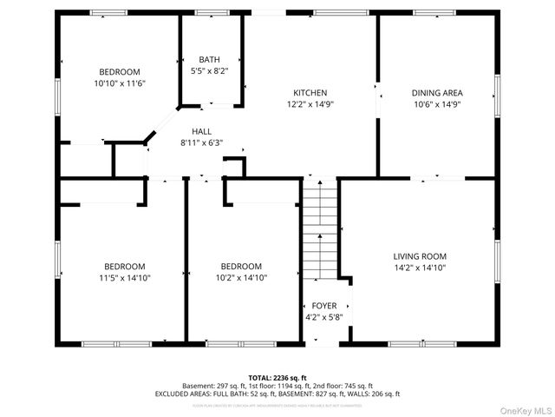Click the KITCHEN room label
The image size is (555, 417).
pyautogui.click(x=310, y=93)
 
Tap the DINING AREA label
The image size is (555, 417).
pyautogui.click(x=436, y=93)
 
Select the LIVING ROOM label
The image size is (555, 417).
pyautogui.click(x=420, y=256)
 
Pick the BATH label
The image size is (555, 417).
pyautogui.click(x=209, y=60)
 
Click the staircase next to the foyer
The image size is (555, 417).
pyautogui.click(x=318, y=230)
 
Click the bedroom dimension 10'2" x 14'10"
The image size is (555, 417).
pyautogui.click(x=241, y=277)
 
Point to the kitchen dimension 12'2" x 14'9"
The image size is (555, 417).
pyautogui.click(x=310, y=103)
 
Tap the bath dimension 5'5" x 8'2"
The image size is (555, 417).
pyautogui.click(x=209, y=71)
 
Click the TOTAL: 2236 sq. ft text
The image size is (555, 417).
pyautogui.click(x=277, y=377)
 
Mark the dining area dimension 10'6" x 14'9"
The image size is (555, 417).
pyautogui.click(x=436, y=103)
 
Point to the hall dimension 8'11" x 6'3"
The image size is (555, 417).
pyautogui.click(x=202, y=142)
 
